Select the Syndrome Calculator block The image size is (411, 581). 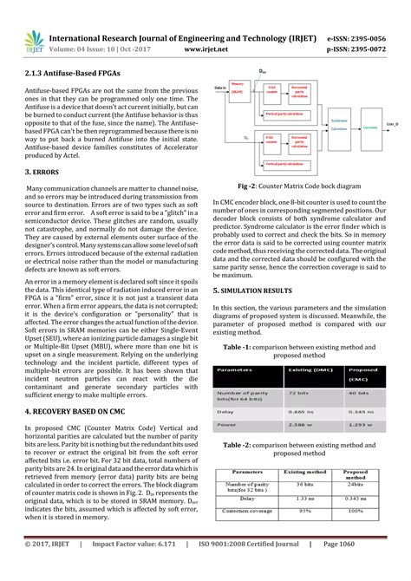(x=339, y=126)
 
